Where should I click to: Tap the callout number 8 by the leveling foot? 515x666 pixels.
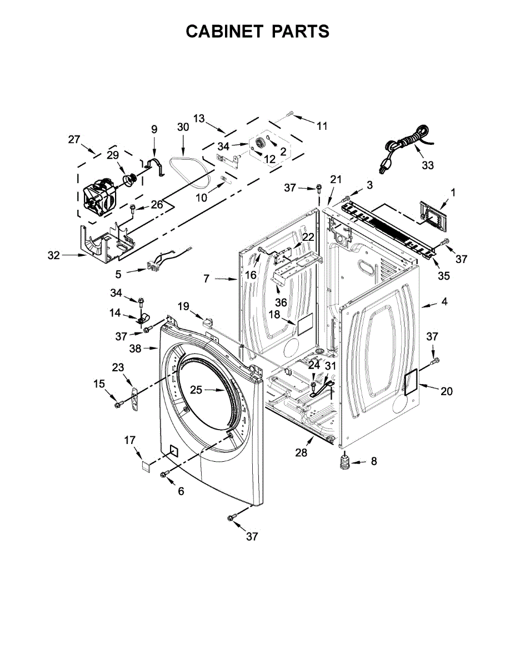coord(373,461)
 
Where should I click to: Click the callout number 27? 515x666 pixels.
coord(74,139)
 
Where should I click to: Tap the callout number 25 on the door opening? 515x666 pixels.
coord(196,390)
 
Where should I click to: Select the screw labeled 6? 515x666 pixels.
coord(164,473)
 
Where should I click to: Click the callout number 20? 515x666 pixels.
coord(447,391)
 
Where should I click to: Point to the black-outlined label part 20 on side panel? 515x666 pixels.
coord(410,382)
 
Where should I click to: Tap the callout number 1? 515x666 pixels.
coord(453,192)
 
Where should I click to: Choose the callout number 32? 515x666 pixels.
coord(53,255)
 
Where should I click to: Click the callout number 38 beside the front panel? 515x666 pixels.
coord(135,349)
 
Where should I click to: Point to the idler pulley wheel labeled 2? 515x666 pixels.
coord(260,143)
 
